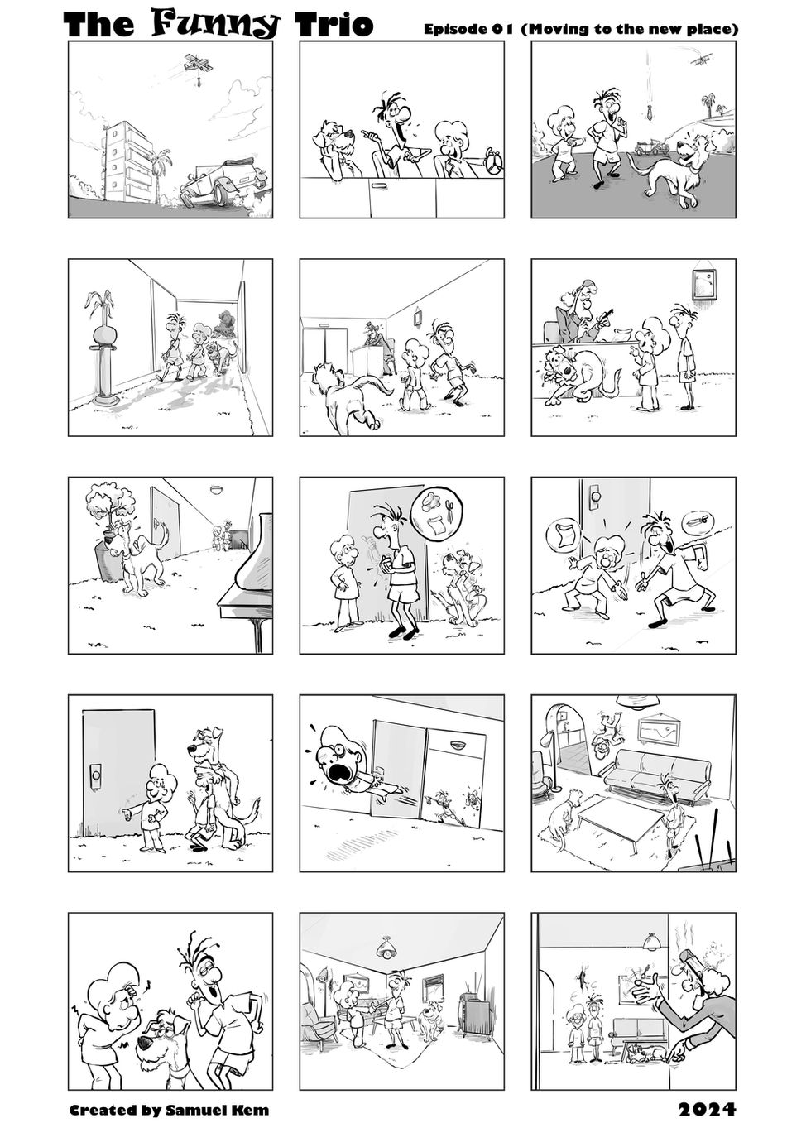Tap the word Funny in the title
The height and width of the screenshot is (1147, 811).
click(x=217, y=25)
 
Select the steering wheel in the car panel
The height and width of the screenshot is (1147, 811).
click(x=494, y=163)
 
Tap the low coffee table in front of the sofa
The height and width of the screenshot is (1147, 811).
click(x=620, y=816)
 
